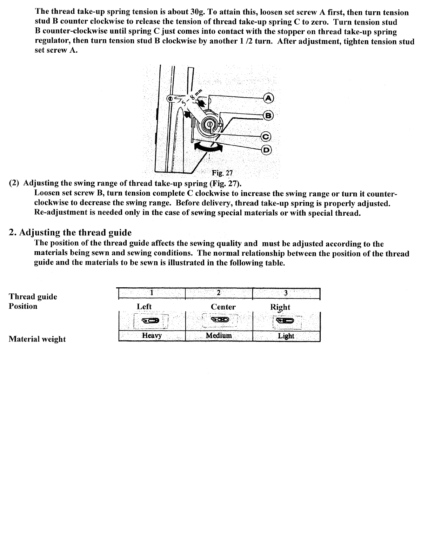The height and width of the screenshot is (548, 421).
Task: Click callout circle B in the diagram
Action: [x=268, y=115]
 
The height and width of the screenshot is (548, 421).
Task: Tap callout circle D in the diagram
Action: [x=267, y=150]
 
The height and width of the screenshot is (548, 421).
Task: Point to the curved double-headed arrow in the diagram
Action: [x=207, y=148]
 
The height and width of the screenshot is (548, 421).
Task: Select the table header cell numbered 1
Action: [x=152, y=293]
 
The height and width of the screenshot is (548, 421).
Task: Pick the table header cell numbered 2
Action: [x=219, y=293]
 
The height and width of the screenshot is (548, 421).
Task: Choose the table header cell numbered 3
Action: [x=286, y=293]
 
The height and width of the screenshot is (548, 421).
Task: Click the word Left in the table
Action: [x=144, y=307]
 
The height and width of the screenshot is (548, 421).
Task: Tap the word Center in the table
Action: [x=223, y=307]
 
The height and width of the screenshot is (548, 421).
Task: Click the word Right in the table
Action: [x=280, y=307]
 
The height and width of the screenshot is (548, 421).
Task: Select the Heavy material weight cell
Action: [x=152, y=336]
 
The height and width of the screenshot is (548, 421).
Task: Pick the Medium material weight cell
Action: [x=219, y=336]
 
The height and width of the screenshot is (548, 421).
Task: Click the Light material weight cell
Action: [x=286, y=336]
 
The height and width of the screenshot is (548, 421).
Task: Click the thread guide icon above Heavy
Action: [x=150, y=320]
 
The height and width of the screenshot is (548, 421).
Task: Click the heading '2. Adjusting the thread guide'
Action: [x=70, y=233]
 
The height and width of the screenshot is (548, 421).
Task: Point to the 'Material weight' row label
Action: [x=37, y=339]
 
